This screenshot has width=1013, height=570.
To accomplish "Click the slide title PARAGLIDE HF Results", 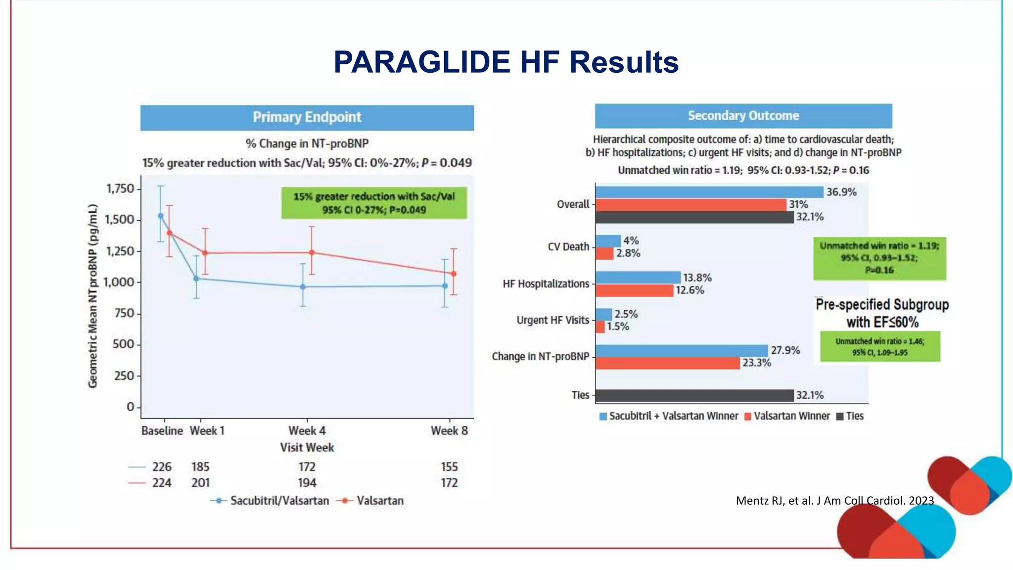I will pos(506,62).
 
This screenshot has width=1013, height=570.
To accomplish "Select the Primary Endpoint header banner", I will pos(307,117).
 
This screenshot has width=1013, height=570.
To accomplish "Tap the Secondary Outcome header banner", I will pos(743,116).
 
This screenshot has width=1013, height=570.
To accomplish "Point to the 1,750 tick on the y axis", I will pos(120,189).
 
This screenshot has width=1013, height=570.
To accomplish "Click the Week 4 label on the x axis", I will pos(307,430).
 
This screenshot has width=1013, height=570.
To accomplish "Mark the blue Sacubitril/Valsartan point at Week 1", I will pos(196,279).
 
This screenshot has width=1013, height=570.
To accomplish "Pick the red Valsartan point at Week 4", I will pos(312,252).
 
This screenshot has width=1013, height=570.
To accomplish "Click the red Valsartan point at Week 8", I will pos(454,274).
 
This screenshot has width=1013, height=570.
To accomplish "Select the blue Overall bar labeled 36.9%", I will pos(709,192).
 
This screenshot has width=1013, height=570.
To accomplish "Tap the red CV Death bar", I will pos(604,253).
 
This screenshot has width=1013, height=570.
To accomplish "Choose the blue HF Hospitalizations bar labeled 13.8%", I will pos(638,278).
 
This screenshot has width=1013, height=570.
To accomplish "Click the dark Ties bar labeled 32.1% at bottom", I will pos(694,395).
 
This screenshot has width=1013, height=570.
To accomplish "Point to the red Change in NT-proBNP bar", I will pos(667,363).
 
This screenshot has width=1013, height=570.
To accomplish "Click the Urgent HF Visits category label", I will pos(553,320).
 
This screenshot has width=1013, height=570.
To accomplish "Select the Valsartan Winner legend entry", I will pos(787,416).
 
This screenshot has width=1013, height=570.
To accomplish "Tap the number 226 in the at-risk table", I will pos(162,467).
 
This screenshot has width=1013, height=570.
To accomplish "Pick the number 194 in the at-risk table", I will pos(307,483).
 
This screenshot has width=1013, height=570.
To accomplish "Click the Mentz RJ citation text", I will pos(834,501).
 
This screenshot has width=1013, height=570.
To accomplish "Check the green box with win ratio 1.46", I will pos(879,347).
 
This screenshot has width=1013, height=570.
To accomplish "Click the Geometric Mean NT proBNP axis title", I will pos(92,296).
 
